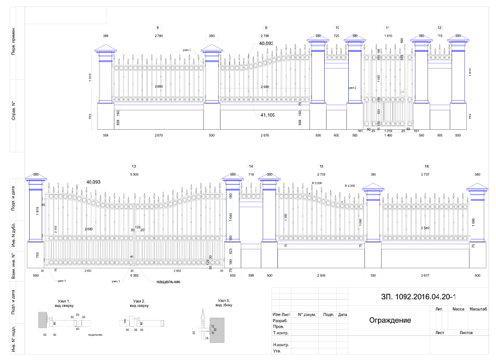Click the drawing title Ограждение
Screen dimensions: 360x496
pyautogui.click(x=390, y=320)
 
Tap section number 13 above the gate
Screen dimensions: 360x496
pyautogui.click(x=134, y=166)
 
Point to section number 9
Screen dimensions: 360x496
pyautogui.click(x=265, y=27)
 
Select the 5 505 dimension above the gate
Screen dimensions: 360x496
pyautogui.click(x=134, y=174)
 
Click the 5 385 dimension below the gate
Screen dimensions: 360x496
pyautogui.click(x=134, y=276)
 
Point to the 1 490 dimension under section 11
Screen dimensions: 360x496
pyautogui.click(x=388, y=135)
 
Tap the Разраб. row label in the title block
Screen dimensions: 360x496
pyautogui.click(x=280, y=320)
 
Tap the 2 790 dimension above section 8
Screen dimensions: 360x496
pyautogui.click(x=158, y=36)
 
